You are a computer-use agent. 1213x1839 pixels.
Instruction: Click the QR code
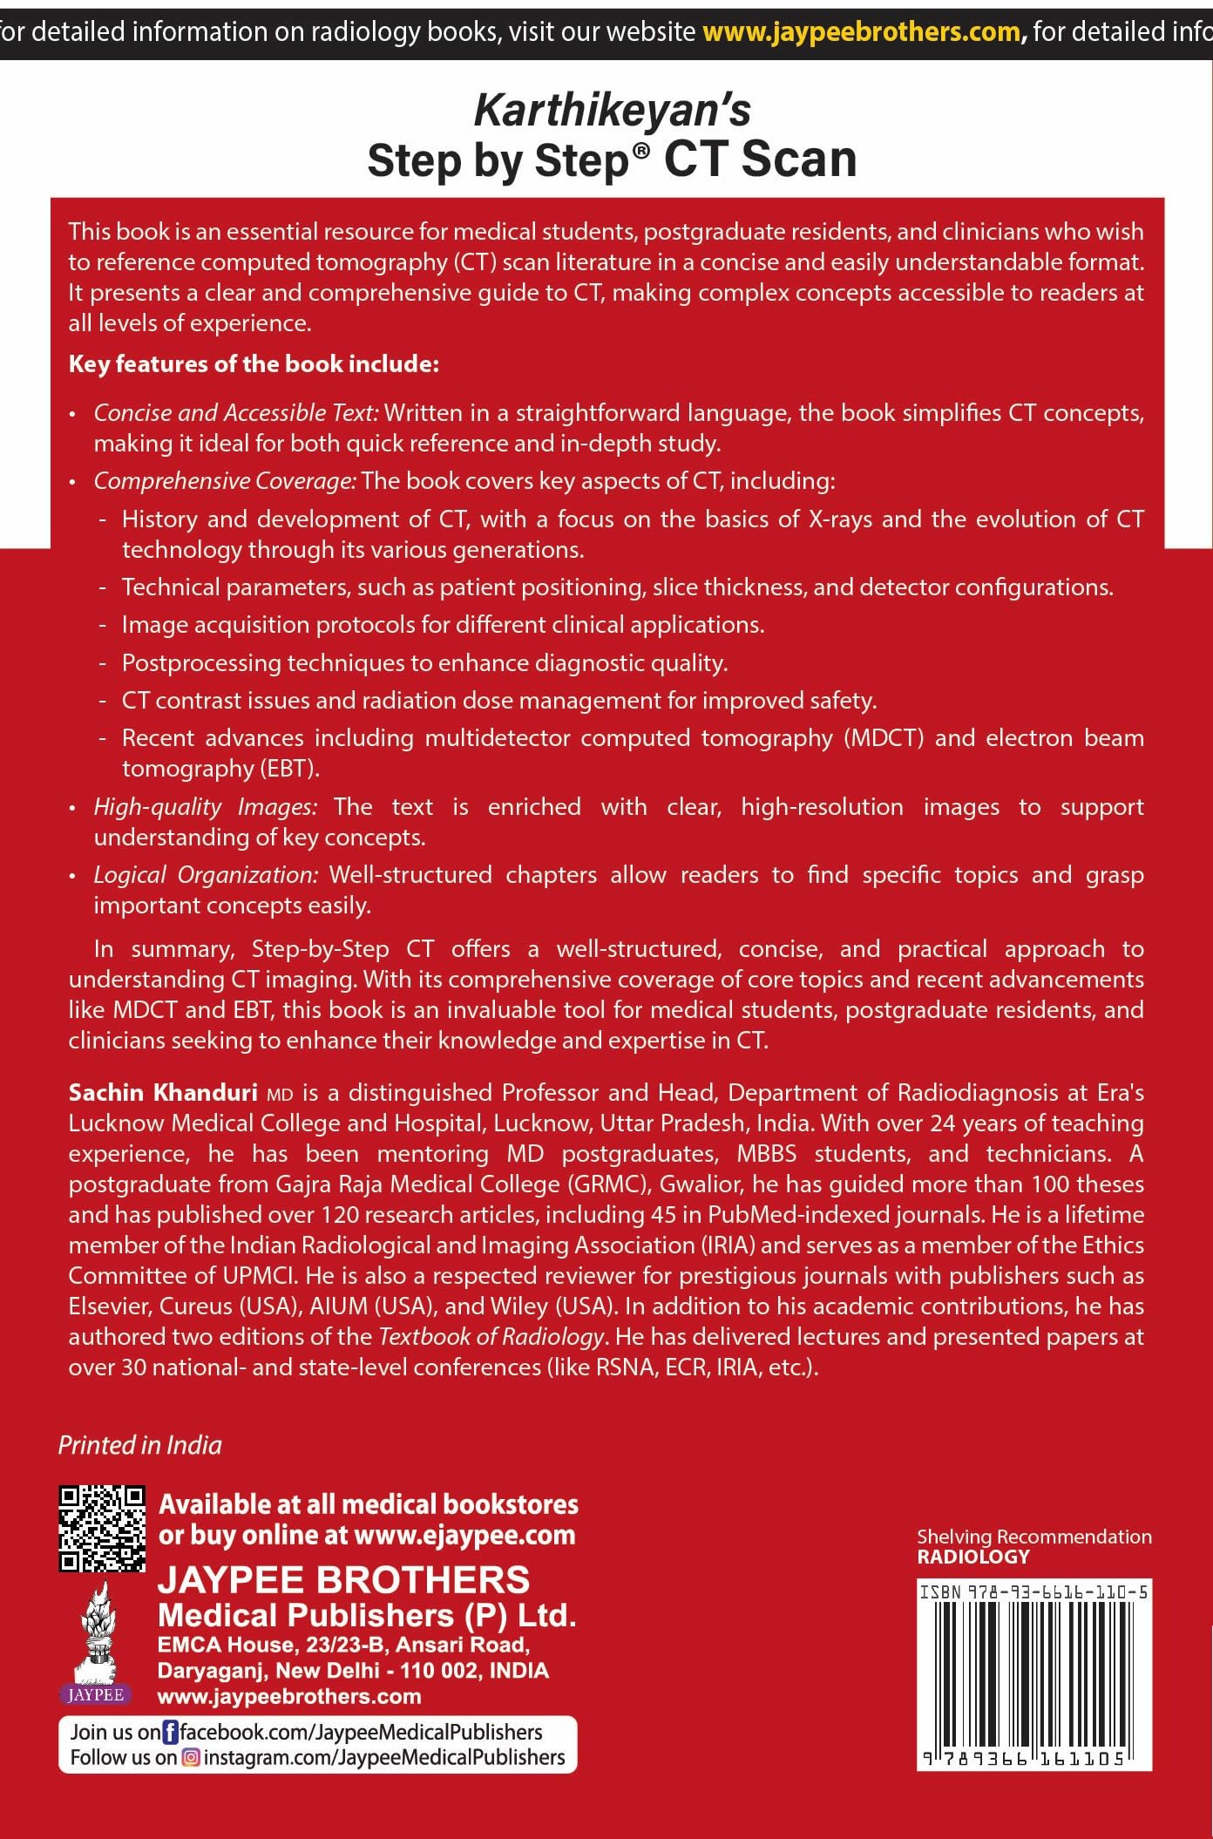[x=101, y=1529]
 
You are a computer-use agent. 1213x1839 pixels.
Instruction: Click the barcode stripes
[x=1034, y=1678]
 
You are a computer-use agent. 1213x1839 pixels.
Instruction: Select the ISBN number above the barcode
[x=1034, y=1592]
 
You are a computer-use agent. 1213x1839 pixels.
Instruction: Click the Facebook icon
[x=171, y=1732]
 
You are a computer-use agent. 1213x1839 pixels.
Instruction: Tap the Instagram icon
[x=191, y=1758]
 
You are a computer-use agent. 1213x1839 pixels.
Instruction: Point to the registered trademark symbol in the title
[x=641, y=150]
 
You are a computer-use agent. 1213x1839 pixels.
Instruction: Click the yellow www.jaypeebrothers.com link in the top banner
[x=861, y=32]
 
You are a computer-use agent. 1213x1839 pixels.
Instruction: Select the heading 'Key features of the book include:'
[x=254, y=364]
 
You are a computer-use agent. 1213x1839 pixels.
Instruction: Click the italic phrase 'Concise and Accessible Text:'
[x=236, y=412]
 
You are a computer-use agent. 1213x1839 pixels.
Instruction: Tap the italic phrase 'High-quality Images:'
[x=206, y=807]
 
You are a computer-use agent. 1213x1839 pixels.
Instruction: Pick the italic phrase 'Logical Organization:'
[x=206, y=875]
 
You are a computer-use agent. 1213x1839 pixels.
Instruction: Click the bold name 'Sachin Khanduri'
[x=163, y=1093]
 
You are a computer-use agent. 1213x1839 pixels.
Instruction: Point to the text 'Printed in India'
[x=139, y=1445]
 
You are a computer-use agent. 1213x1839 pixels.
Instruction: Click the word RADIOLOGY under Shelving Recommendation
[x=972, y=1557]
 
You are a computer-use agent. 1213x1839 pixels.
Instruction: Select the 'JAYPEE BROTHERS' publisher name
[x=343, y=1580]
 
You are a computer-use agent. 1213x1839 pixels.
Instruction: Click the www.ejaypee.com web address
[x=464, y=1535]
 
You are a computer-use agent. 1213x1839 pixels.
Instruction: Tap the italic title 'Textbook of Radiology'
[x=491, y=1337]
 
